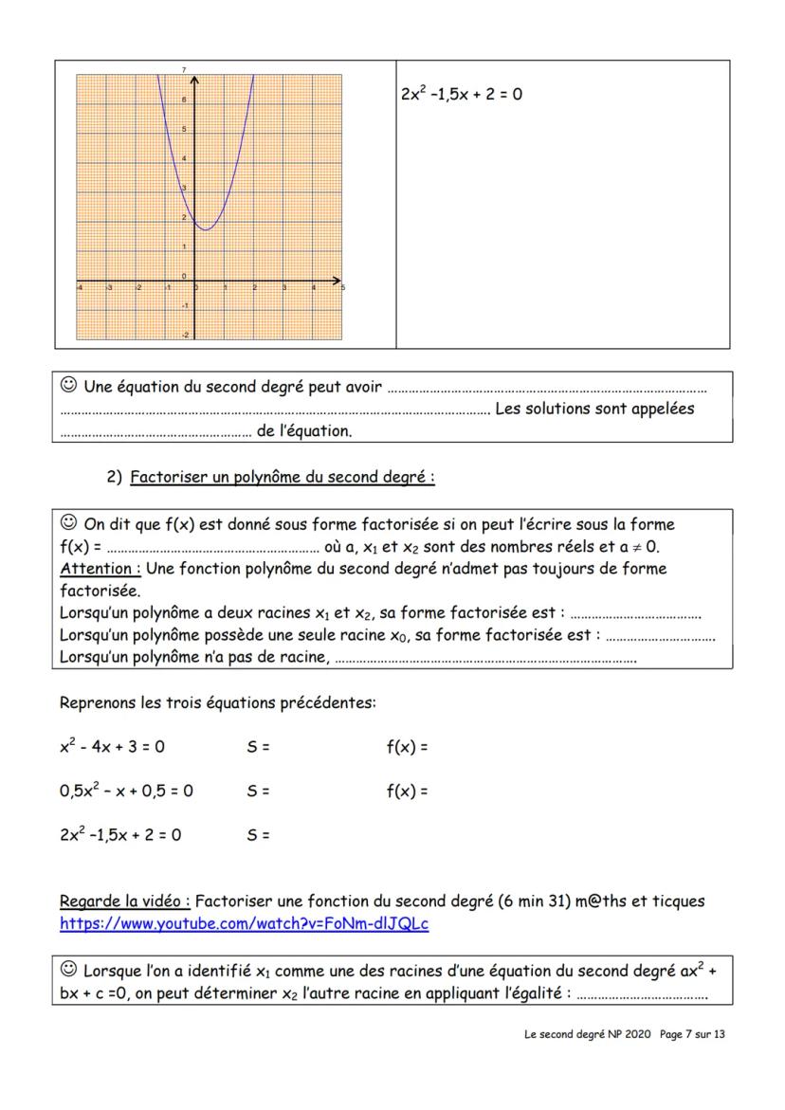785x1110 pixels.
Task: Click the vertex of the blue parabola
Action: pos(206,228)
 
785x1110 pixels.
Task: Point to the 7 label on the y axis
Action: pos(184,70)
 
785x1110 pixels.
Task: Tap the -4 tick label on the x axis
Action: pos(80,287)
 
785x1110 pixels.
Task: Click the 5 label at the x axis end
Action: pos(342,287)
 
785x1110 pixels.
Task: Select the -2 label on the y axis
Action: pos(185,335)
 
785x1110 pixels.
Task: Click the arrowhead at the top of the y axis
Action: pos(195,72)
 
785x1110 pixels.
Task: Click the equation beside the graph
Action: pos(462,95)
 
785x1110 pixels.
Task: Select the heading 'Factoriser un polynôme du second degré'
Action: pos(282,478)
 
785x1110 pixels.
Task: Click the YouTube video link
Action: pos(244,922)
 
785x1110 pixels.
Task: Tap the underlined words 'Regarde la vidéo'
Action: pos(125,901)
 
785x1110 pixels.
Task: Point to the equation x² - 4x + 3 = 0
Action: pos(112,746)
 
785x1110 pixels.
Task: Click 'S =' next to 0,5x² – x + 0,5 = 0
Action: pos(258,791)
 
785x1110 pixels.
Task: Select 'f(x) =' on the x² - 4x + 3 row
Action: pos(407,747)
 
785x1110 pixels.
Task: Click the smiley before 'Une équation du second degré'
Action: pos(68,386)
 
